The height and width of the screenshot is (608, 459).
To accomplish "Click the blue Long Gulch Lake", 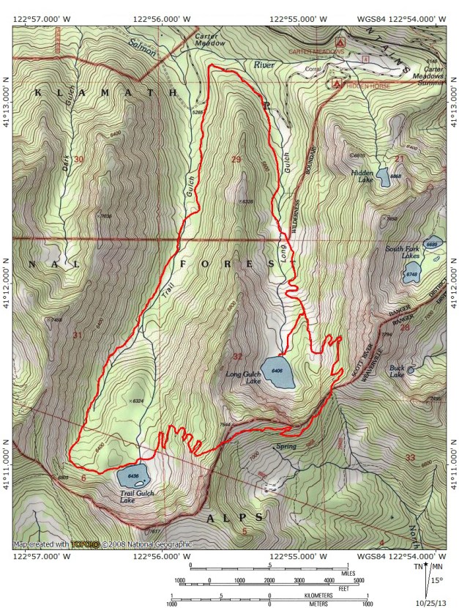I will click(278, 372).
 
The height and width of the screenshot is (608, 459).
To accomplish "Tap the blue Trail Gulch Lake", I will click(133, 476).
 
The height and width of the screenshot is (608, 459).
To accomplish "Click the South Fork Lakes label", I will click(403, 253).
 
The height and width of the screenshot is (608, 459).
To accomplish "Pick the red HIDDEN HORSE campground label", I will click(367, 86).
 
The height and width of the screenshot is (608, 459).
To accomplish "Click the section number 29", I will click(235, 160).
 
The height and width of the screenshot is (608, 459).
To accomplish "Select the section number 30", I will click(79, 160).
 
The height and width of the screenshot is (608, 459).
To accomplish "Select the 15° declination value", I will click(438, 581).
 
